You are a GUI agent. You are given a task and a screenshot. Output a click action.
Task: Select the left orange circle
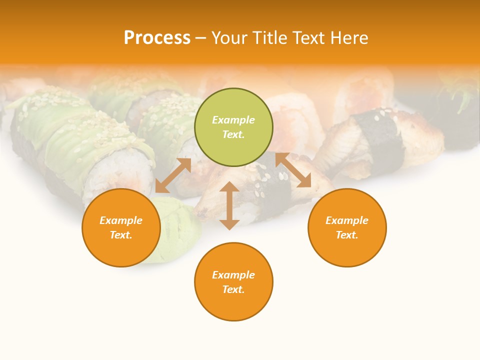pyautogui.click(x=121, y=227)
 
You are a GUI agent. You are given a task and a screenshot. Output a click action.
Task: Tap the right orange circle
pyautogui.click(x=347, y=227)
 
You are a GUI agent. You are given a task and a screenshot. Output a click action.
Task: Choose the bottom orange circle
pyautogui.click(x=233, y=282)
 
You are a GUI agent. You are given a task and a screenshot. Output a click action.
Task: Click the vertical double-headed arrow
pyautogui.click(x=229, y=205)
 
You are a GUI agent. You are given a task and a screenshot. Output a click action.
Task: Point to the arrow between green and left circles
pyautogui.click(x=173, y=175)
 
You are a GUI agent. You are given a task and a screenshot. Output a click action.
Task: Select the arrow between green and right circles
pyautogui.click(x=293, y=170)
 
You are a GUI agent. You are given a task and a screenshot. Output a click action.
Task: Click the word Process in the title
pyautogui.click(x=157, y=38)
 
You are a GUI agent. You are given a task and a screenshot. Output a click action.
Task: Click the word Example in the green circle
pyautogui.click(x=233, y=120)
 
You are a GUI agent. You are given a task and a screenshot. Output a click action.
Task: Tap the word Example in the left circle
pyautogui.click(x=121, y=220)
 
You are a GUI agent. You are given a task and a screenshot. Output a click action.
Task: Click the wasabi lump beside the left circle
pyautogui.click(x=177, y=235)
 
